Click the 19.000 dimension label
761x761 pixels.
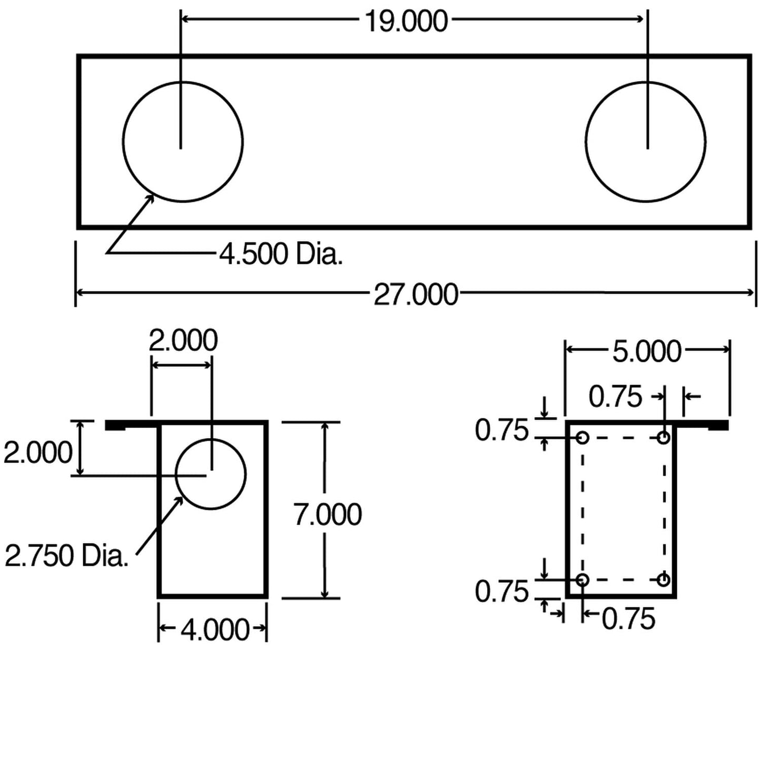pyautogui.click(x=406, y=21)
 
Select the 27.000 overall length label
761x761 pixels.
pyautogui.click(x=416, y=294)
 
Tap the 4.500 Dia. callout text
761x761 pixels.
pyautogui.click(x=281, y=254)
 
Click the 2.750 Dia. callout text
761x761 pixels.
pyautogui.click(x=66, y=556)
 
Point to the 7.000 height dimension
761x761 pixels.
pyautogui.click(x=328, y=515)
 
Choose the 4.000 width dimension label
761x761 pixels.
pyautogui.click(x=214, y=629)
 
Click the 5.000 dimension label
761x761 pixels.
pyautogui.click(x=647, y=351)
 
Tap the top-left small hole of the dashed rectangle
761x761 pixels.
pyautogui.click(x=582, y=437)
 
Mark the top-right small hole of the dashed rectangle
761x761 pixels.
pyautogui.click(x=664, y=437)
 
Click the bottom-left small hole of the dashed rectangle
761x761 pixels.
pyautogui.click(x=582, y=580)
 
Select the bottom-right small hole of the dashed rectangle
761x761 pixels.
pyautogui.click(x=664, y=580)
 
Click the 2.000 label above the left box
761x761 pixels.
pyautogui.click(x=183, y=340)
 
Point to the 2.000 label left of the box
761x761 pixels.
pyautogui.click(x=37, y=452)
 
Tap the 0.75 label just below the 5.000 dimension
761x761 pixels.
pyautogui.click(x=615, y=397)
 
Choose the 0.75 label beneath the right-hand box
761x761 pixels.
pyautogui.click(x=628, y=619)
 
